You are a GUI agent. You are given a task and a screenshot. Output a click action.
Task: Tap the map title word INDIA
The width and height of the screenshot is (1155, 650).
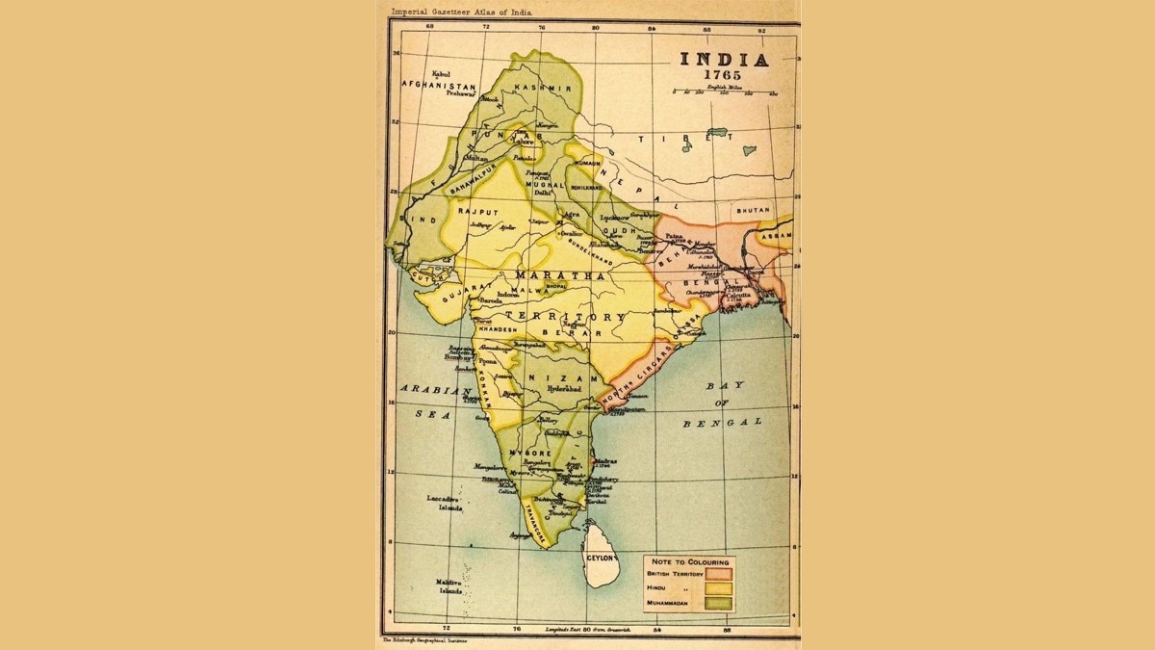pyautogui.click(x=725, y=59)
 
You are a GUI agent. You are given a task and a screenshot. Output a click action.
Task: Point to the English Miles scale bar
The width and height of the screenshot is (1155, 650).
pyautogui.click(x=724, y=92)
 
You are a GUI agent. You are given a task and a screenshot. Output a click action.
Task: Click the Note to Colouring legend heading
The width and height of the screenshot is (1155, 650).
pyautogui.click(x=690, y=561)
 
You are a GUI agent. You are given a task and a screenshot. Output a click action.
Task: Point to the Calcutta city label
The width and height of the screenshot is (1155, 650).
pyautogui.click(x=754, y=295)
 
